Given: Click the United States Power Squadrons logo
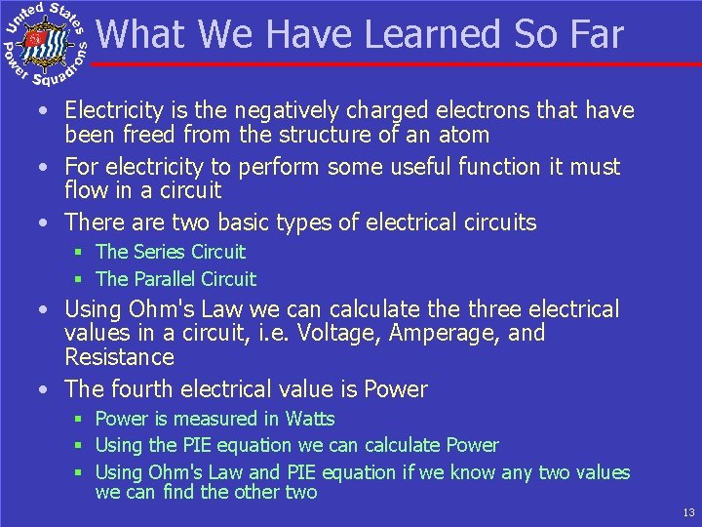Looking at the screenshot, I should click(46, 41).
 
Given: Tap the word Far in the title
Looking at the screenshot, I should click(591, 35).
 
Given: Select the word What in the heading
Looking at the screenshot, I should click(143, 35).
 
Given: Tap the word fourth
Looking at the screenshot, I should click(142, 389).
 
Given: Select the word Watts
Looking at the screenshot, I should click(310, 419).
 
